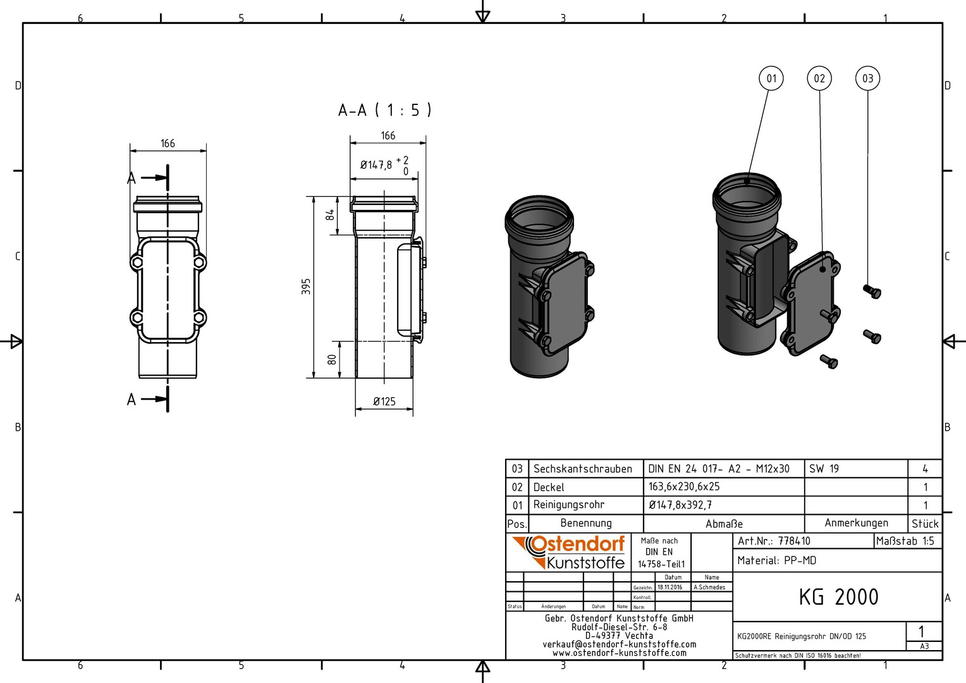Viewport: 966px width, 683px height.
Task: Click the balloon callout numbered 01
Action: pos(771,78)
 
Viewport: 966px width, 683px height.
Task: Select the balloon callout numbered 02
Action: pos(819,78)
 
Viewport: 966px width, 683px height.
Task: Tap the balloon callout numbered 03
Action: pos(867,78)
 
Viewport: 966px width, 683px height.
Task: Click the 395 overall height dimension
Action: pos(306,286)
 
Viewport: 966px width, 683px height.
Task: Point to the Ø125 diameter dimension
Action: pos(384,402)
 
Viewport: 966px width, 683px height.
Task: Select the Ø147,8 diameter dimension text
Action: pos(376,165)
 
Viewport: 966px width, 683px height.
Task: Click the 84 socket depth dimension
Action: pos(330,215)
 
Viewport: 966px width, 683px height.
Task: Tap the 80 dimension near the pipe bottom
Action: pos(332,359)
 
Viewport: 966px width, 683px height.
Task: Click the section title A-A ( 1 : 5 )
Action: pos(384,111)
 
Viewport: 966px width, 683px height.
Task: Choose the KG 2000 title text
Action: pos(838,597)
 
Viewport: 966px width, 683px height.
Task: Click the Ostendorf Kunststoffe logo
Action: pos(568,552)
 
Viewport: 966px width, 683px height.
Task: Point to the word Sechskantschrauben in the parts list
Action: pos(583,469)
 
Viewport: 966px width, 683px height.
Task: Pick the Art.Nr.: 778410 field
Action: pos(774,541)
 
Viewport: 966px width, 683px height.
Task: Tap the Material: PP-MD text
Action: pos(777,560)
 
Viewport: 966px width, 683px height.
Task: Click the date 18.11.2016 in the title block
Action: pos(669,588)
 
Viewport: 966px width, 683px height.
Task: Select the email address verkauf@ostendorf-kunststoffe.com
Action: pos(620,644)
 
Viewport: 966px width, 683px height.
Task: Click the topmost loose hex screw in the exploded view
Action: pos(872,292)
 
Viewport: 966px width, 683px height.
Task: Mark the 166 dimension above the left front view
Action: pos(168,144)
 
